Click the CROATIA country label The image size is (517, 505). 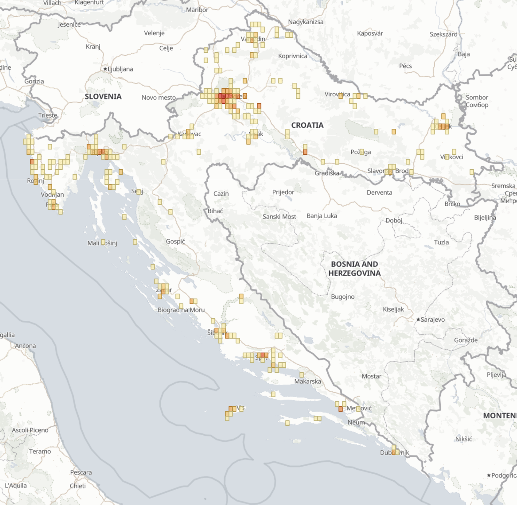[x=307, y=125]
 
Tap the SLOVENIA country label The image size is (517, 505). [x=103, y=97]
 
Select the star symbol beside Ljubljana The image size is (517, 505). [x=105, y=69]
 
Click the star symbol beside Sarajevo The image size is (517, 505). [x=418, y=320]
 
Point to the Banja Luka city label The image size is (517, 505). [x=322, y=216]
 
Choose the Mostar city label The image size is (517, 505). [x=371, y=376]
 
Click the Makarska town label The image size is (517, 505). [x=308, y=381]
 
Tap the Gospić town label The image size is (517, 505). [x=175, y=242]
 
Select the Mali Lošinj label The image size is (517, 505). [x=102, y=243]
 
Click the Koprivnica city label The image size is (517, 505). [x=292, y=56]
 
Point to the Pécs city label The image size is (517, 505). [x=405, y=66]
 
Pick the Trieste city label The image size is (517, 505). [x=48, y=115]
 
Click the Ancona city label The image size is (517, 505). [x=25, y=346]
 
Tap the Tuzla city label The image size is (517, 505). [x=441, y=242]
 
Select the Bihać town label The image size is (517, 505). [x=215, y=211]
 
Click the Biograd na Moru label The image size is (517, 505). [x=181, y=310]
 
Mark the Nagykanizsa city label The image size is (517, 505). [x=305, y=22]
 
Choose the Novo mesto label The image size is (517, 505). [x=159, y=97]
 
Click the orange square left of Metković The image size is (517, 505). [x=340, y=409]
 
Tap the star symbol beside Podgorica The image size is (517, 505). [x=489, y=475]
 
